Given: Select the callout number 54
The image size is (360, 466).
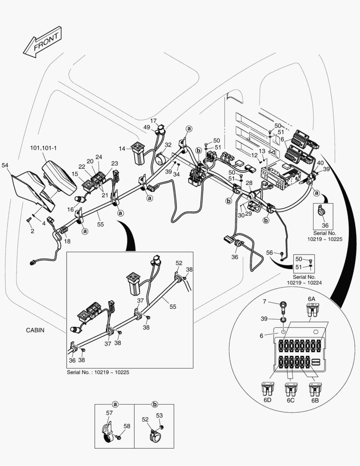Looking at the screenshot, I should pyautogui.click(x=5, y=165).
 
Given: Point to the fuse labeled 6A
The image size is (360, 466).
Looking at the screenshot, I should pyautogui.click(x=311, y=309).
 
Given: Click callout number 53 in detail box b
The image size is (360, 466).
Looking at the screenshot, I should pyautogui.click(x=159, y=416).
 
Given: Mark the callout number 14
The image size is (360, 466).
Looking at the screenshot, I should pyautogui.click(x=122, y=148).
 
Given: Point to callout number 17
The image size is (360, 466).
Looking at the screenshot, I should pyautogui.click(x=153, y=121).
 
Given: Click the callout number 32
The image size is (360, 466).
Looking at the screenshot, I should pyautogui.click(x=168, y=145).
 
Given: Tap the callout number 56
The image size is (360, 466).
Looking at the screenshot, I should pyautogui.click(x=269, y=252).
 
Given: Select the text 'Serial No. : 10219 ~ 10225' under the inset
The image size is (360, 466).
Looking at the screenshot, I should pyautogui.click(x=98, y=372).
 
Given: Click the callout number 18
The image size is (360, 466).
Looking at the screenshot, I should pyautogui.click(x=67, y=241).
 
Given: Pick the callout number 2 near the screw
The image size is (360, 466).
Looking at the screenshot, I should pyautogui.click(x=31, y=232).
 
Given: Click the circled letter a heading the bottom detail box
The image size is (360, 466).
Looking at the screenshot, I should pyautogui.click(x=115, y=404).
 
